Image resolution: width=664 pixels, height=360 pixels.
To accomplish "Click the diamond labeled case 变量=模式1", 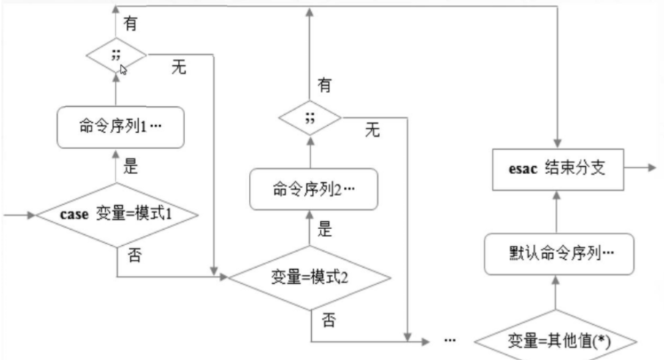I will coord(117,216).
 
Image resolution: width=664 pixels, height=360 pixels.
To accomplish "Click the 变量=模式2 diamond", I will coord(308,277).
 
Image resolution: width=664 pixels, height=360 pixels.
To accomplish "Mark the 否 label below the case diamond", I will coord(130,256).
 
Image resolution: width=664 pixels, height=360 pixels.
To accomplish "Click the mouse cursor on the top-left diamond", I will coord(124,70).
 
